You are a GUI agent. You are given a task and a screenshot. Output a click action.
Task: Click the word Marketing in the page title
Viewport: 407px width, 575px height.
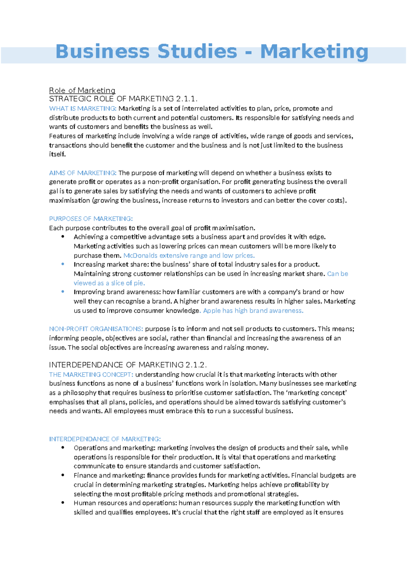(x=314, y=52)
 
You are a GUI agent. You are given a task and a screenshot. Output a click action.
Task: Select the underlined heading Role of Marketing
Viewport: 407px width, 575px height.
(x=82, y=91)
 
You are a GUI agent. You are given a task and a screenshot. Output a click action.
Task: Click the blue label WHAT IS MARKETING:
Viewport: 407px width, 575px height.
(x=83, y=108)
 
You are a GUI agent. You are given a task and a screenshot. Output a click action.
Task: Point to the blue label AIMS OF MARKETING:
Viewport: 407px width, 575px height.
(x=83, y=173)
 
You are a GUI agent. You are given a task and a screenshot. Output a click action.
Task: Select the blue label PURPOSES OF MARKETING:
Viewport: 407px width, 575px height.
(x=91, y=219)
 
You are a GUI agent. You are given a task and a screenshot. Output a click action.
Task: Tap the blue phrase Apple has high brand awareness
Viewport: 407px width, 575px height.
(x=253, y=311)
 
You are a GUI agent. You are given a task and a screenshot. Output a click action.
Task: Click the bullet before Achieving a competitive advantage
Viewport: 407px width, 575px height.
(x=63, y=237)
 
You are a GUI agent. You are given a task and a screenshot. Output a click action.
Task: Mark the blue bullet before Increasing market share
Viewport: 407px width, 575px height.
(x=63, y=264)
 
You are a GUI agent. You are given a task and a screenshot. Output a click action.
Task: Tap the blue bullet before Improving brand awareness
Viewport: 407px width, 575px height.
(x=63, y=292)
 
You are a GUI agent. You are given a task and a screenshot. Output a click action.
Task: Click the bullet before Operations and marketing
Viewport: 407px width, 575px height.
(x=63, y=448)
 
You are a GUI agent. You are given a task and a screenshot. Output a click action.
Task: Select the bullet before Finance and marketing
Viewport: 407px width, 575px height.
(x=63, y=475)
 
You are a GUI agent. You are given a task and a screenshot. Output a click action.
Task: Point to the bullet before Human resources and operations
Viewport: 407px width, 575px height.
(x=63, y=503)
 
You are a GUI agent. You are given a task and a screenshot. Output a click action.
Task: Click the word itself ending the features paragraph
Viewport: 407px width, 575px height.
(x=57, y=155)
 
